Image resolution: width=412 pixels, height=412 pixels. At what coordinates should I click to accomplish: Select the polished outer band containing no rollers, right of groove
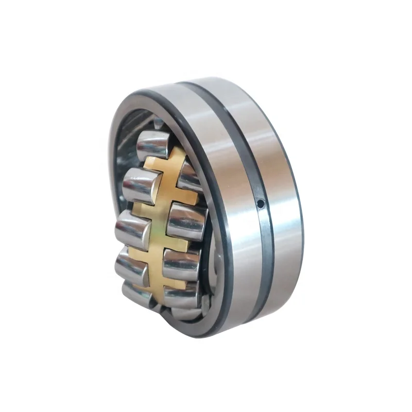click(x=281, y=206)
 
